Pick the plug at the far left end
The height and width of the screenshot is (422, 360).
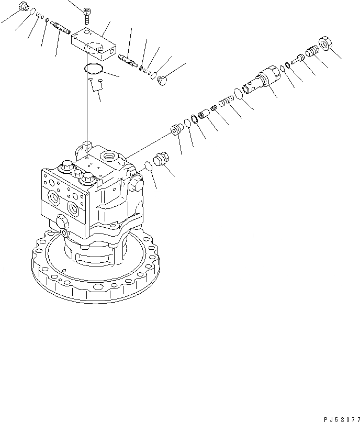click(x=22, y=7)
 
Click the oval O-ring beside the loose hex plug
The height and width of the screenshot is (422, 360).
click(x=148, y=166)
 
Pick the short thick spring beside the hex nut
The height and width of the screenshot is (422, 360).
click(x=311, y=52)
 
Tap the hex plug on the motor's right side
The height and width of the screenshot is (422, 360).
click(x=135, y=183)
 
